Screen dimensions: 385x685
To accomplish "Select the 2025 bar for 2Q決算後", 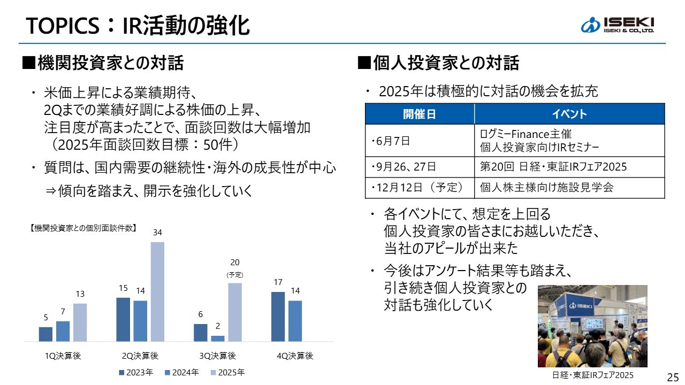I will point(157,291).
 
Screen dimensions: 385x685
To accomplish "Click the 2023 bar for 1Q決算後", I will point(45,334).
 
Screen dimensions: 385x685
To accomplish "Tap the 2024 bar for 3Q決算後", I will point(218,338).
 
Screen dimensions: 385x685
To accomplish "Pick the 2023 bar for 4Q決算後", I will point(278,316).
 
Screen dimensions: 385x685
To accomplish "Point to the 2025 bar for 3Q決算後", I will point(235,312).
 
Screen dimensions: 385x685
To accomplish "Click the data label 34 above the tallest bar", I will point(157,233).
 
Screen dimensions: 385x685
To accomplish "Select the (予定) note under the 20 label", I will point(235,275).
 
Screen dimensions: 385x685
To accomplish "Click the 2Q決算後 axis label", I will point(140,356).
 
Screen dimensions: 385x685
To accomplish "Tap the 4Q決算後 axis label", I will point(295,356).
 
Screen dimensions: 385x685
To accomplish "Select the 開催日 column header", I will point(420,114).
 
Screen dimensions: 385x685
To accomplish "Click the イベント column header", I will point(569,114).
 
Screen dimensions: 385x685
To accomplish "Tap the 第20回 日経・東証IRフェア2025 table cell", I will point(553,167).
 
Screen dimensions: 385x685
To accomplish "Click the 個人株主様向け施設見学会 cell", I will point(546,188).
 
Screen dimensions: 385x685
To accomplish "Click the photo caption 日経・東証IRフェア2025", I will point(592,375).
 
